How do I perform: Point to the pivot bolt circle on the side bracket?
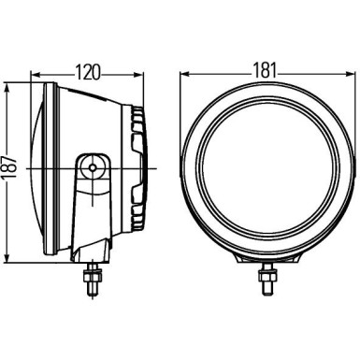click(94, 168)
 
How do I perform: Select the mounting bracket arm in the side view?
click(93, 201)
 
